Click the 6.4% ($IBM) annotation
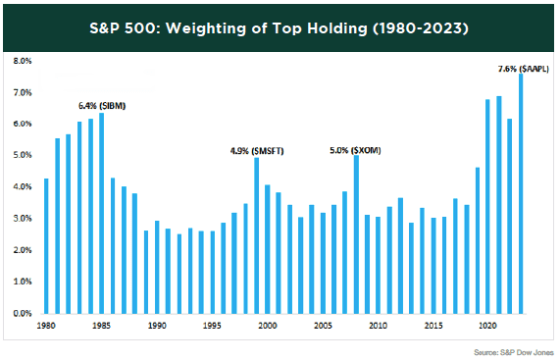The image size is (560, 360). (101, 104)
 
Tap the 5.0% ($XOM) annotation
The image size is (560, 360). (355, 150)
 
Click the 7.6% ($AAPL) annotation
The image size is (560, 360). (523, 69)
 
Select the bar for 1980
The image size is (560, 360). (46, 246)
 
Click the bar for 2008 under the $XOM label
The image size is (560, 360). (355, 235)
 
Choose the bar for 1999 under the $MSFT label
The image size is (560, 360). (256, 236)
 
